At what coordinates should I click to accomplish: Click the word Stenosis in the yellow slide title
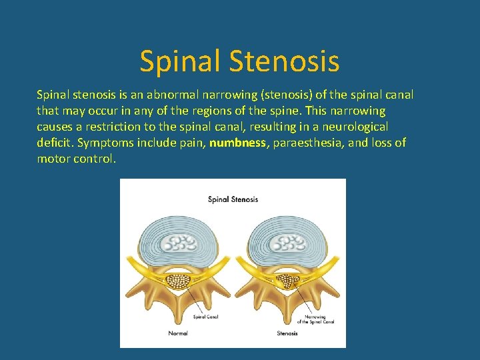click(x=285, y=61)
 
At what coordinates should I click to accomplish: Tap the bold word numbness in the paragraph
click(x=238, y=143)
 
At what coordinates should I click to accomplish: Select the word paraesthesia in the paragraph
click(x=305, y=143)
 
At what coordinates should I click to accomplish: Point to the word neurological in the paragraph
click(x=356, y=127)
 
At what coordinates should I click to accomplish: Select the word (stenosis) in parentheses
click(x=265, y=95)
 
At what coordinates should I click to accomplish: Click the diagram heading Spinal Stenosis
click(x=233, y=199)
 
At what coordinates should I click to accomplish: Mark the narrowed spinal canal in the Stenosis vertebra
click(x=289, y=281)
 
